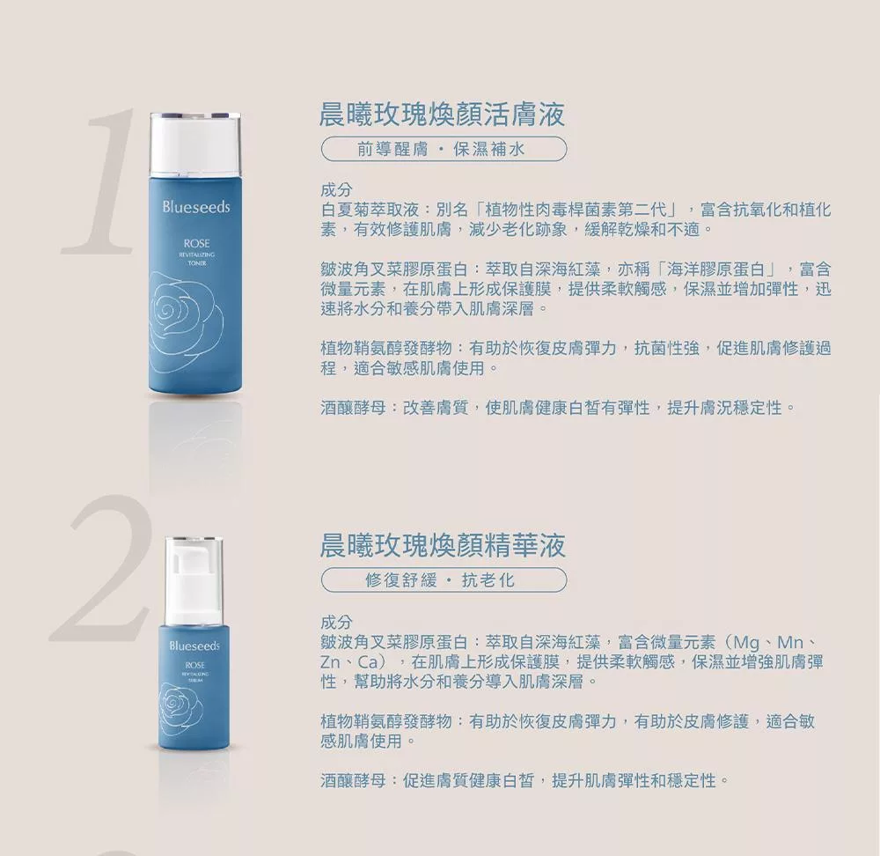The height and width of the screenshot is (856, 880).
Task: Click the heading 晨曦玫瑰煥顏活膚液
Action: click(443, 114)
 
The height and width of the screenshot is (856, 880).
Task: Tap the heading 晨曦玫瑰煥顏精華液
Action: click(443, 546)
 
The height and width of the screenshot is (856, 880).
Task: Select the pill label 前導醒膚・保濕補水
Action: click(444, 150)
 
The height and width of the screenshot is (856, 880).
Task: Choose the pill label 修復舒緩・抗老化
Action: click(444, 580)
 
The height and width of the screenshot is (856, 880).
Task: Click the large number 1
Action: click(102, 181)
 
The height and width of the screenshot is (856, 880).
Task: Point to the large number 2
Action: click(101, 568)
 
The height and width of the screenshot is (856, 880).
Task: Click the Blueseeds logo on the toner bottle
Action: click(196, 207)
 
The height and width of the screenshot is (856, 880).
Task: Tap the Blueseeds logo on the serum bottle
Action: click(194, 646)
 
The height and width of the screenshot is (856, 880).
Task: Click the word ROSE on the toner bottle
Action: click(196, 243)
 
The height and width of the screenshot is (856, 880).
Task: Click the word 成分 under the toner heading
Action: click(337, 190)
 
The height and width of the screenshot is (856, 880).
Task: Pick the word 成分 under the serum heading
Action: click(337, 623)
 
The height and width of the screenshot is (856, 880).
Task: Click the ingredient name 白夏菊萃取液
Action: click(370, 210)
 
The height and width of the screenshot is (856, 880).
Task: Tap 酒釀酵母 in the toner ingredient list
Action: click(353, 408)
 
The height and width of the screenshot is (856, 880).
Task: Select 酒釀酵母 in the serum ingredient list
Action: click(353, 781)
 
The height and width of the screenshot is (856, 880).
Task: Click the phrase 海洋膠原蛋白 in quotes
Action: click(716, 269)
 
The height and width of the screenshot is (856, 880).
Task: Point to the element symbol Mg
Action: click(746, 643)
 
